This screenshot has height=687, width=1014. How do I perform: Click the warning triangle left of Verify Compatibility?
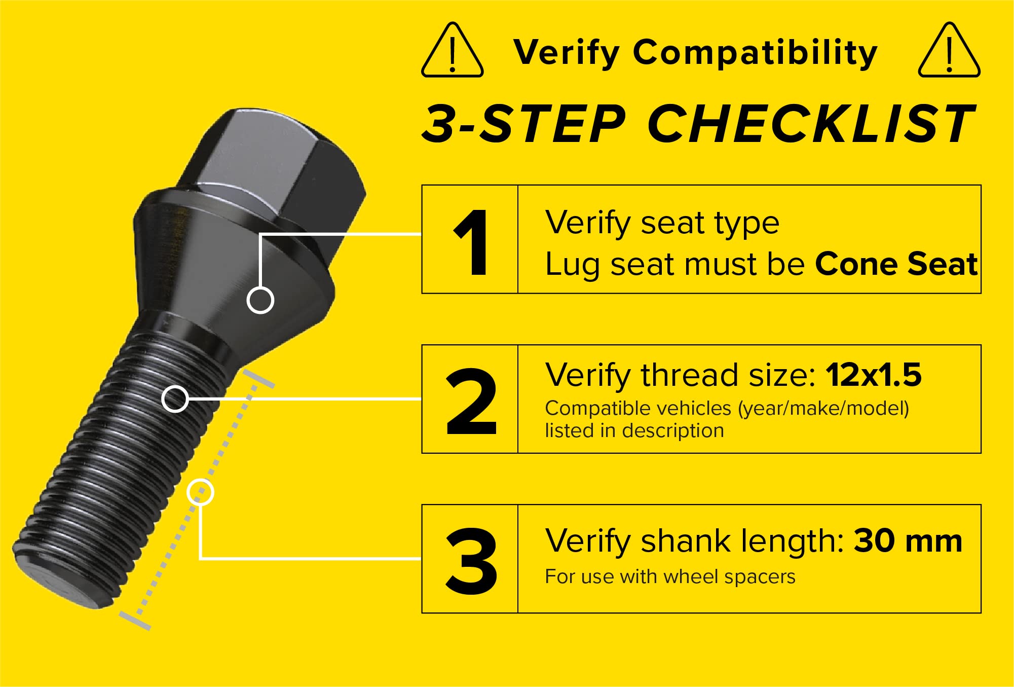tap(452, 51)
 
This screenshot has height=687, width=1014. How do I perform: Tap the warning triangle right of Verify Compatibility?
tap(949, 51)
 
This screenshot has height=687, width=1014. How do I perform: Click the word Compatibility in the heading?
tap(755, 53)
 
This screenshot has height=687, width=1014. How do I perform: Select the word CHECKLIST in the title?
tap(811, 123)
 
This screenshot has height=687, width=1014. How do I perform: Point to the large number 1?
tap(471, 243)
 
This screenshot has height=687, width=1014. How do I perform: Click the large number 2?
tap(471, 402)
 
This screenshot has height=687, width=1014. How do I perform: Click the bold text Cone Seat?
tap(896, 264)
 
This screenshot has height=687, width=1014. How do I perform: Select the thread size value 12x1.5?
tap(873, 375)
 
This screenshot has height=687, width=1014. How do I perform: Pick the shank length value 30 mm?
tap(908, 540)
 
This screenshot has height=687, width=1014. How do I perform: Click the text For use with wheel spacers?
tap(670, 576)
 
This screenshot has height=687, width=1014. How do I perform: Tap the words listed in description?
tap(634, 431)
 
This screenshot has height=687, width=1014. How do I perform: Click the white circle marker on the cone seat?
tap(260, 300)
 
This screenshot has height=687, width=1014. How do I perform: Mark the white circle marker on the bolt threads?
tap(175, 399)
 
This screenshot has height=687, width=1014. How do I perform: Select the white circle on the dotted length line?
tap(200, 492)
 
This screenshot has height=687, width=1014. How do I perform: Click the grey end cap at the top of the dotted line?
tap(259, 378)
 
